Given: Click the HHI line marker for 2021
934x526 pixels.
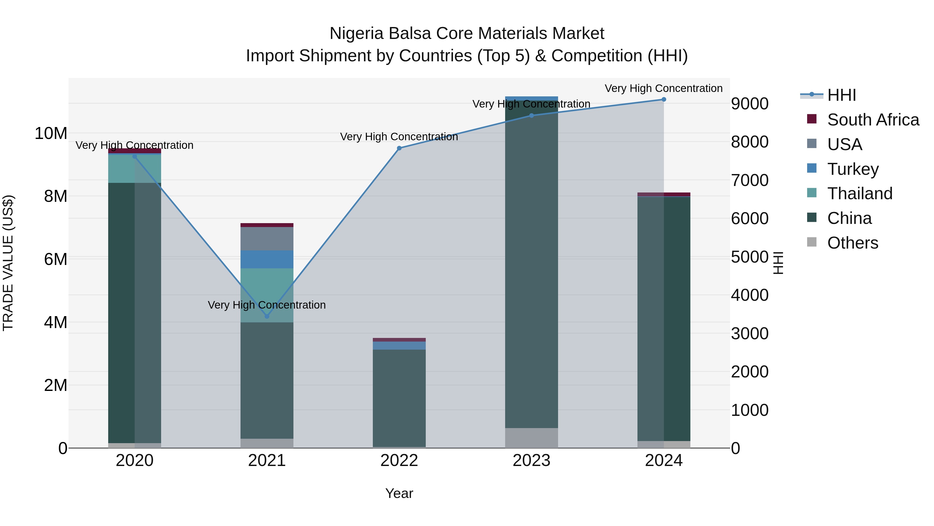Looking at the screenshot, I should click(267, 316).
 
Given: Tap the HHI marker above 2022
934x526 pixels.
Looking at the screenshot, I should click(399, 148).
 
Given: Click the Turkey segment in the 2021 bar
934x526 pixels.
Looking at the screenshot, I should click(267, 259).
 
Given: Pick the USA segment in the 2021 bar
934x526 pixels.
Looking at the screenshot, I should click(267, 238).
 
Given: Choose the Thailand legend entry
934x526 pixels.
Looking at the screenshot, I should click(859, 194).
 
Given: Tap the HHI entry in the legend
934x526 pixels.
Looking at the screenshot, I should click(841, 95).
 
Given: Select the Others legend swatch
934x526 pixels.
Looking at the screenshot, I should click(812, 242).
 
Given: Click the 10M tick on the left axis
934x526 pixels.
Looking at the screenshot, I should click(51, 134).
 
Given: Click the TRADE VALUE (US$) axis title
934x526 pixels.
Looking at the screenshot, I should click(8, 263).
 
